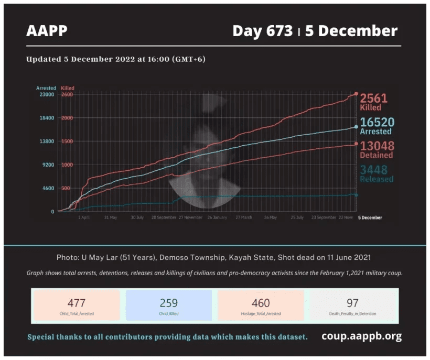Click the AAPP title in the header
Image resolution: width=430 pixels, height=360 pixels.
[x=47, y=31]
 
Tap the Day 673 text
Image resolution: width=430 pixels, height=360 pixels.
[x=262, y=31]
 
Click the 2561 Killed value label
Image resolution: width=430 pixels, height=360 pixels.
[x=373, y=101]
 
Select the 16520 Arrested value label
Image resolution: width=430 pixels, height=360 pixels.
[x=377, y=126]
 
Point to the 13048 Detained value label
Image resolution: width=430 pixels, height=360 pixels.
[x=377, y=149]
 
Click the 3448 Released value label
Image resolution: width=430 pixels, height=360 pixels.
[x=376, y=173]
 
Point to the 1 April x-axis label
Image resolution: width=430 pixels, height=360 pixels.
[x=84, y=217]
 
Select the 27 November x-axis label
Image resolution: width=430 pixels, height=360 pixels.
[x=190, y=217]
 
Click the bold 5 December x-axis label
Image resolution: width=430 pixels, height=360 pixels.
[x=370, y=217]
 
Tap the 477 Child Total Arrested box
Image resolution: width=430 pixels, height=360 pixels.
[x=77, y=306]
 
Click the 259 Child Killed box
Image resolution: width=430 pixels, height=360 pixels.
[x=169, y=306]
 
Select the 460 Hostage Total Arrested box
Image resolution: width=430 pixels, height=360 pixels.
[x=261, y=306]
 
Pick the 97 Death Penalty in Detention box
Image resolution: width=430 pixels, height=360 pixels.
[x=352, y=306]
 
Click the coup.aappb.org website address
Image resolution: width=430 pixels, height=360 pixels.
[x=361, y=336]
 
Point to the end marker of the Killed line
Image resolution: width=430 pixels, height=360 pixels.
[x=356, y=94]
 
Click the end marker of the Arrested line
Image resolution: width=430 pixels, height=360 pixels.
[x=356, y=127]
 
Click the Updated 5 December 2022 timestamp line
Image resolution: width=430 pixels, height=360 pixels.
[x=115, y=59]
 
